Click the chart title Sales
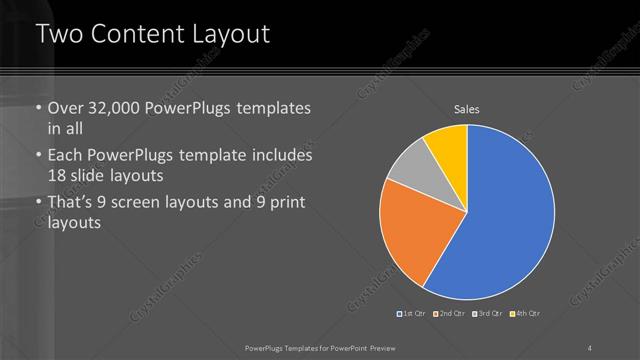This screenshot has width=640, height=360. click(x=467, y=108)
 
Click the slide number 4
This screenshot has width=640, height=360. click(x=590, y=347)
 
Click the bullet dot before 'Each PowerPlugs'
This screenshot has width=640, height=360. click(x=38, y=157)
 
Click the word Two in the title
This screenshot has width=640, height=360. click(x=58, y=34)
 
